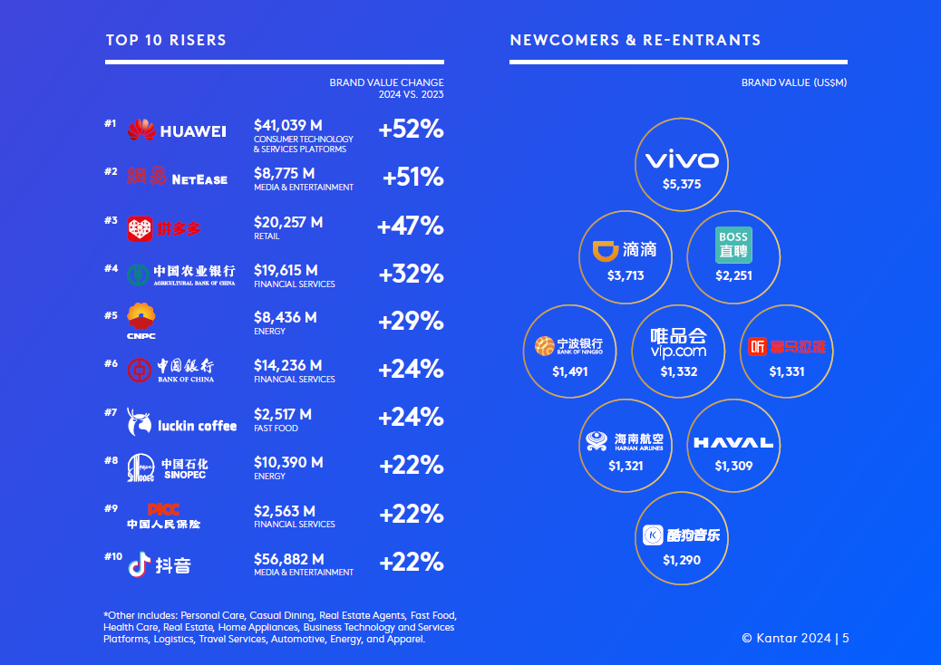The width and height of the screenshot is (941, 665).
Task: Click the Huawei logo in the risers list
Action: pyautogui.click(x=177, y=130)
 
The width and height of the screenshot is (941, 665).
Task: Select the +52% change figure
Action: pyautogui.click(x=411, y=130)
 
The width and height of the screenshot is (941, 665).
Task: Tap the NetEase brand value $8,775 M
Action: pyautogui.click(x=285, y=173)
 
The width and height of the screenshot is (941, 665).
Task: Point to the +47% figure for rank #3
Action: pyautogui.click(x=410, y=226)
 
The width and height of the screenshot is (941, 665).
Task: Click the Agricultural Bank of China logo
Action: pyautogui.click(x=180, y=274)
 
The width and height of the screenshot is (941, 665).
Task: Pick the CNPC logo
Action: pyautogui.click(x=141, y=321)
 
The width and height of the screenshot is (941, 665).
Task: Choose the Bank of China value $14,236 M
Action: pyautogui.click(x=288, y=366)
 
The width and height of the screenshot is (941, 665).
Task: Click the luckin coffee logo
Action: pyautogui.click(x=182, y=421)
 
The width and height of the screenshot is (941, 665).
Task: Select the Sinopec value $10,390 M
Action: pyautogui.click(x=288, y=462)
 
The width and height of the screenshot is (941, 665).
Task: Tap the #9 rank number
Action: pyautogui.click(x=111, y=508)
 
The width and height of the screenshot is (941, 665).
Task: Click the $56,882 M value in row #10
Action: pyautogui.click(x=288, y=559)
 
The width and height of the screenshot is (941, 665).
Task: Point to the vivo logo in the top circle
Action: pyautogui.click(x=682, y=161)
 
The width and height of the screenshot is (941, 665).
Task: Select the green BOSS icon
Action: pyautogui.click(x=732, y=245)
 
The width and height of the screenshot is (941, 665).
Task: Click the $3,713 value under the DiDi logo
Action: pyautogui.click(x=626, y=275)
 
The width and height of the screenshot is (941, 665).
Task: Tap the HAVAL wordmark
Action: pyautogui.click(x=732, y=443)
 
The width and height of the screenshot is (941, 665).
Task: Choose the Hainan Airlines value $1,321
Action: pyautogui.click(x=626, y=466)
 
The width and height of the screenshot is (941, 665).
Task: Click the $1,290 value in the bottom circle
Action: pyautogui.click(x=682, y=560)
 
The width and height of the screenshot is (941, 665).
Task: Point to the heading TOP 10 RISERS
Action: pyautogui.click(x=166, y=40)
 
